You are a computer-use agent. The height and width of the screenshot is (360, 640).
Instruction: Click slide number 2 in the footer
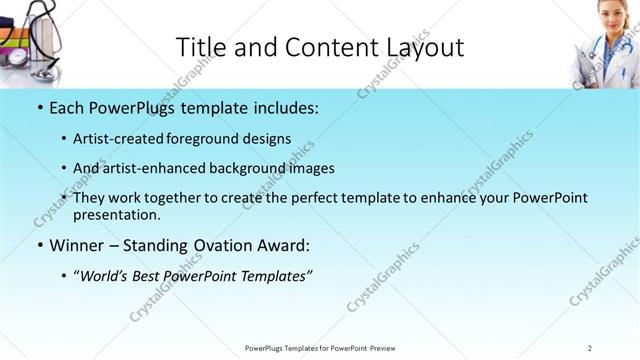pos(590,347)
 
